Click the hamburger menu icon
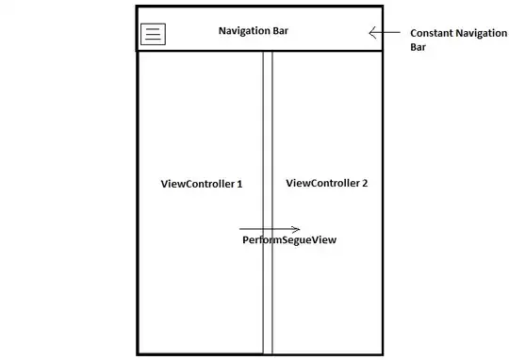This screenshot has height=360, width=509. (153, 34)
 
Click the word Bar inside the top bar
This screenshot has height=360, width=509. (280, 31)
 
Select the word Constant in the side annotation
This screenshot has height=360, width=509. (431, 33)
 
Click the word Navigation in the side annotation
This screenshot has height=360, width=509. (481, 33)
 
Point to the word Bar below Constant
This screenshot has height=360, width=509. (419, 47)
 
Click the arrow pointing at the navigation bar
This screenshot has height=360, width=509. (385, 32)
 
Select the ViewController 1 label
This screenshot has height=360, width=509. (202, 184)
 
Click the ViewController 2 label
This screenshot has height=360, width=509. (327, 183)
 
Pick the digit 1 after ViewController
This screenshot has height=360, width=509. (239, 184)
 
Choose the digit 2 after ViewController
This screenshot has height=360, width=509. (365, 183)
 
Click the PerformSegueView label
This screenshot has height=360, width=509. (289, 240)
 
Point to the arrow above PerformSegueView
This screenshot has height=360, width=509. (270, 229)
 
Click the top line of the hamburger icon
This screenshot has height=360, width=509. (153, 28)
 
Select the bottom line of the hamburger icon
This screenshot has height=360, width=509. (153, 40)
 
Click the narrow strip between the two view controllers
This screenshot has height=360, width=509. (268, 203)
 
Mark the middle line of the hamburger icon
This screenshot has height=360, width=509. (153, 34)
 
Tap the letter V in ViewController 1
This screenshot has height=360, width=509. (164, 184)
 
